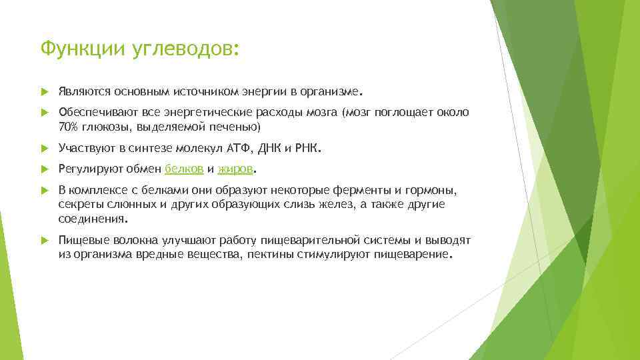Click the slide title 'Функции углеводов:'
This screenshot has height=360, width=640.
(138, 49)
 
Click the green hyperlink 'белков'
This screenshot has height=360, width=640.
(180, 169)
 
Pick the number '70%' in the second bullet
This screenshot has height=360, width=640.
(69, 127)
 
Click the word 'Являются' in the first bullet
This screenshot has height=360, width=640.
(84, 91)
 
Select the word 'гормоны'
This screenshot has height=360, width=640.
(433, 191)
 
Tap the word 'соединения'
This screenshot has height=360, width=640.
(91, 218)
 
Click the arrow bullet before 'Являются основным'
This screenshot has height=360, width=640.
(44, 91)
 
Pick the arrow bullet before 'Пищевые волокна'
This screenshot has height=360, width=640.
(44, 240)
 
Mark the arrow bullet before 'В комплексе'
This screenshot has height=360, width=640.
(44, 191)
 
